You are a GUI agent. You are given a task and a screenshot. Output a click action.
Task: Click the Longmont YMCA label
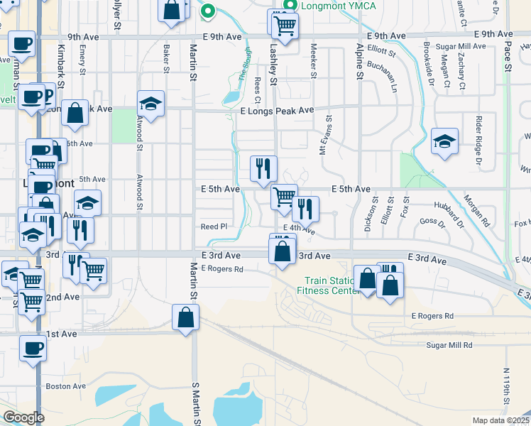(333, 7)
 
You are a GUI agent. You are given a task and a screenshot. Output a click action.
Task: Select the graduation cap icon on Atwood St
(150, 104)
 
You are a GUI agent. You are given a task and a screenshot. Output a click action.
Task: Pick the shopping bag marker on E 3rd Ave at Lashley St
(283, 251)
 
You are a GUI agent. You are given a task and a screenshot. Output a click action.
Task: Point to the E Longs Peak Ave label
(276, 111)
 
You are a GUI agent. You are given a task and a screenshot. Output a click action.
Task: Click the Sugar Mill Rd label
(449, 345)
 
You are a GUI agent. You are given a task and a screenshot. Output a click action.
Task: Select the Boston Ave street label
(65, 386)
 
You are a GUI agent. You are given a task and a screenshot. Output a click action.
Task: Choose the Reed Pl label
(214, 226)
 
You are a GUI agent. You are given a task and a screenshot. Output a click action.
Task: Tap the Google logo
(23, 417)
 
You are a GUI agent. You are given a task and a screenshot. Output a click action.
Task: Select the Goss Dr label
(432, 222)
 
